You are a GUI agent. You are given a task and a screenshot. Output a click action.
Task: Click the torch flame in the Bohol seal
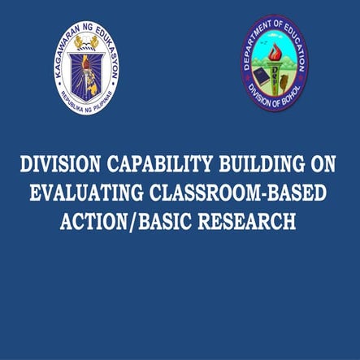274,50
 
